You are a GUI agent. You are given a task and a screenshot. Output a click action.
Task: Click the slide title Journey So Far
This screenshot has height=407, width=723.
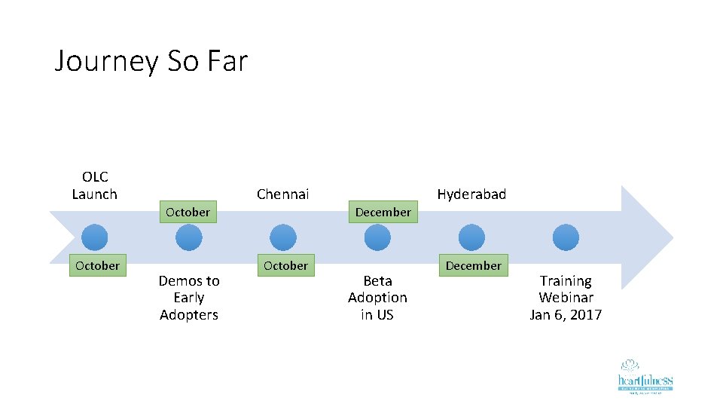pyautogui.click(x=151, y=61)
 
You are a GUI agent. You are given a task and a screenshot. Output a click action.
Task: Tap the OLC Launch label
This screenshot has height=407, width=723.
pyautogui.click(x=95, y=185)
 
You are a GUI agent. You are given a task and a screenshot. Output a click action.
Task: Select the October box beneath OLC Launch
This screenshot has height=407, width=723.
pyautogui.click(x=97, y=265)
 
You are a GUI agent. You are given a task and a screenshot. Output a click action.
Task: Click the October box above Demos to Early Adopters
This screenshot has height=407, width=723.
pyautogui.click(x=188, y=212)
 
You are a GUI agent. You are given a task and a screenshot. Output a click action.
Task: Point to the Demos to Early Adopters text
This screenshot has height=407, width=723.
pyautogui.click(x=189, y=298)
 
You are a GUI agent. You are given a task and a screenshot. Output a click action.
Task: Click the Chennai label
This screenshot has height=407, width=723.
pyautogui.click(x=282, y=194)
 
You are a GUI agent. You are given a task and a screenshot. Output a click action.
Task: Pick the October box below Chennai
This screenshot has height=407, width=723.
pyautogui.click(x=285, y=265)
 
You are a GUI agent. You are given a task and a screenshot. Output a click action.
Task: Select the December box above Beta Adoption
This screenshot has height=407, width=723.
pyautogui.click(x=383, y=212)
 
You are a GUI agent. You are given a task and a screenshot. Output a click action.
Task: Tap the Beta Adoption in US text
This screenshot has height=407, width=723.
pyautogui.click(x=377, y=298)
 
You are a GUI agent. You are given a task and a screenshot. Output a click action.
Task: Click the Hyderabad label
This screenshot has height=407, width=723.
pyautogui.click(x=471, y=194)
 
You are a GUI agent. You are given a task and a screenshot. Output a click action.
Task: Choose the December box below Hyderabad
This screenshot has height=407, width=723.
pyautogui.click(x=473, y=265)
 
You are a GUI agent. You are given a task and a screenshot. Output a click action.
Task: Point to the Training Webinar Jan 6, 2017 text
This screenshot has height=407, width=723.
pyautogui.click(x=566, y=298)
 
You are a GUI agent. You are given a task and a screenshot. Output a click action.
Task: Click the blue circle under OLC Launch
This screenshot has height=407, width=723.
pyautogui.click(x=94, y=237)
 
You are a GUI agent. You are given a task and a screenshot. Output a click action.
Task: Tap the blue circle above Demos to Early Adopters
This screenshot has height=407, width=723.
pyautogui.click(x=188, y=237)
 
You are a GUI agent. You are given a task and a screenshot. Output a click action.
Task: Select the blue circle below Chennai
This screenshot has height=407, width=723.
pyautogui.click(x=282, y=237)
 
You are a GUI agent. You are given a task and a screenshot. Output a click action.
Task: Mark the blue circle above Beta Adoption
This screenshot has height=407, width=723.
pyautogui.click(x=377, y=237)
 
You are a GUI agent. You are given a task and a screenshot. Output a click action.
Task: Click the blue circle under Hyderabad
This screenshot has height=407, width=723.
pyautogui.click(x=471, y=237)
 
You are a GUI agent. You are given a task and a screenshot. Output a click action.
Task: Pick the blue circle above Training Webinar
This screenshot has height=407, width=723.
pyautogui.click(x=566, y=237)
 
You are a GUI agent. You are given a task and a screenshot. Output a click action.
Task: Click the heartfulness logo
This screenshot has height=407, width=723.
pyautogui.click(x=645, y=376)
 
